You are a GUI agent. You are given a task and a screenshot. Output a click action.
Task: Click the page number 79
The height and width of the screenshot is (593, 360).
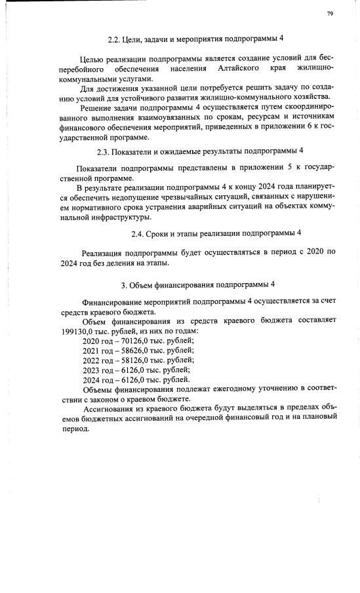(x=330, y=13)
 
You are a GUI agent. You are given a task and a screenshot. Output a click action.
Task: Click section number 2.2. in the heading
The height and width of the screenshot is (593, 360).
(x=113, y=39)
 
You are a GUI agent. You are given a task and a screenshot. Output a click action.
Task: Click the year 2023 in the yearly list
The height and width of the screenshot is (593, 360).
(x=92, y=370)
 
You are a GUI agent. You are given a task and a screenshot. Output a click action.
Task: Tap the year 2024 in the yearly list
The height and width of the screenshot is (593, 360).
(x=92, y=379)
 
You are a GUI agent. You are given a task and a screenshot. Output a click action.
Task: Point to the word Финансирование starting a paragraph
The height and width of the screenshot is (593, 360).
(x=116, y=302)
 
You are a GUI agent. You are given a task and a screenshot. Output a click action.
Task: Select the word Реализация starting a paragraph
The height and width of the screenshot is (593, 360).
(x=107, y=252)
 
